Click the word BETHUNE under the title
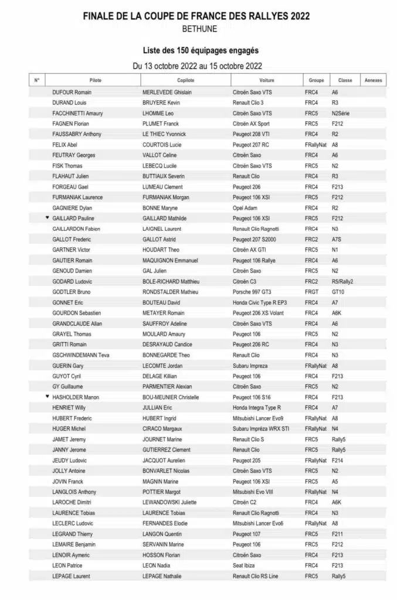click(199, 28)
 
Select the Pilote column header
click(95, 80)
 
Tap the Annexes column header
click(373, 80)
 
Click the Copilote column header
click(185, 80)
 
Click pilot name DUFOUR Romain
click(72, 93)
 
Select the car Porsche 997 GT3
click(253, 292)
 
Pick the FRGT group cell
click(311, 292)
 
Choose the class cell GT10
click(338, 292)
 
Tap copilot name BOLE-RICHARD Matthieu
click(171, 281)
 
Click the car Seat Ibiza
click(245, 565)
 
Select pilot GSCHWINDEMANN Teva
click(81, 355)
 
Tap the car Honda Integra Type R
click(257, 408)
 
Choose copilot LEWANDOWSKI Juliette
click(169, 502)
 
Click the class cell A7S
click(337, 240)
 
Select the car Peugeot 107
click(247, 534)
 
